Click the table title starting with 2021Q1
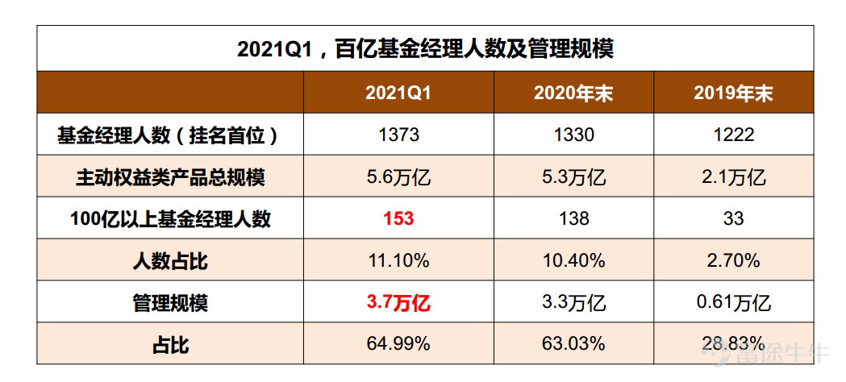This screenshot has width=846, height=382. coord(425,49)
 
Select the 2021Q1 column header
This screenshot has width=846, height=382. coord(398,93)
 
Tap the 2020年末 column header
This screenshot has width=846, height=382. coord(573,93)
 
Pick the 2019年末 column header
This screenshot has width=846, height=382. coord(733,93)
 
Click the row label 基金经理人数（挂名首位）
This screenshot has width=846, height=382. coord(169,135)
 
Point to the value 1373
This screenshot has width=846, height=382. coord(398,135)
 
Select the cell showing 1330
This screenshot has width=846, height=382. coord(573,135)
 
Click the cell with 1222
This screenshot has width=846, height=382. coord(733,135)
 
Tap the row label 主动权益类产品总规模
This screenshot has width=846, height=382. coord(170,176)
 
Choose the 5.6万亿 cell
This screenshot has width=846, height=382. coord(398,176)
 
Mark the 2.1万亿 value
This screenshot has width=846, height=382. coord(733,176)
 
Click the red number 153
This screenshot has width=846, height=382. coord(398,218)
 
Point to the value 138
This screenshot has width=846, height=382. coord(573,218)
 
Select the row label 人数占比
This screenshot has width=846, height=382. coord(170,260)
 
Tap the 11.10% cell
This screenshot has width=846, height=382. coord(398,260)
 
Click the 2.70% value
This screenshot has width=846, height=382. coord(733,260)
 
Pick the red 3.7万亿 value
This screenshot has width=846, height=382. coord(398,302)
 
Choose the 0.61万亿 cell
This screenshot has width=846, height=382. coord(733,302)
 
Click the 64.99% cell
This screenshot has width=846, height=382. coord(398,344)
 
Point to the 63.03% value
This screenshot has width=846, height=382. coord(573,344)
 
